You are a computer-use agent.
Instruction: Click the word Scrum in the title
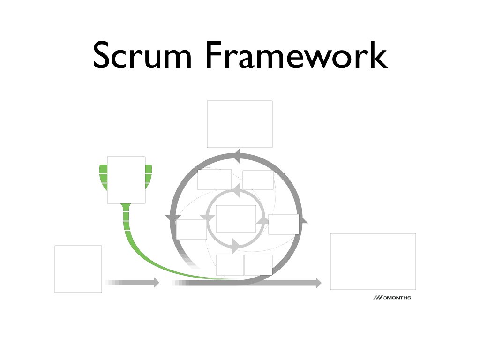[142, 55]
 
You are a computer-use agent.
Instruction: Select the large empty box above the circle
[240, 124]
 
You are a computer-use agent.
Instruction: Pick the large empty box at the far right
[373, 261]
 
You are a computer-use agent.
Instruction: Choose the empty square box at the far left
[78, 269]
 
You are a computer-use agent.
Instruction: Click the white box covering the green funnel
[126, 180]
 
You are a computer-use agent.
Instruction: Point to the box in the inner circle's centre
[236, 218]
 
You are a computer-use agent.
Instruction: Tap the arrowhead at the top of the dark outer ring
[238, 157]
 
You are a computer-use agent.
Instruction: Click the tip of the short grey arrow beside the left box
[157, 282]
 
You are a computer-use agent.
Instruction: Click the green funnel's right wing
[149, 176]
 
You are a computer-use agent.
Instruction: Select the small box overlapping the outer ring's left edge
[191, 229]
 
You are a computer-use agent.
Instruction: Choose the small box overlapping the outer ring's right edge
[284, 224]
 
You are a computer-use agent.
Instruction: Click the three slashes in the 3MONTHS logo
[377, 298]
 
